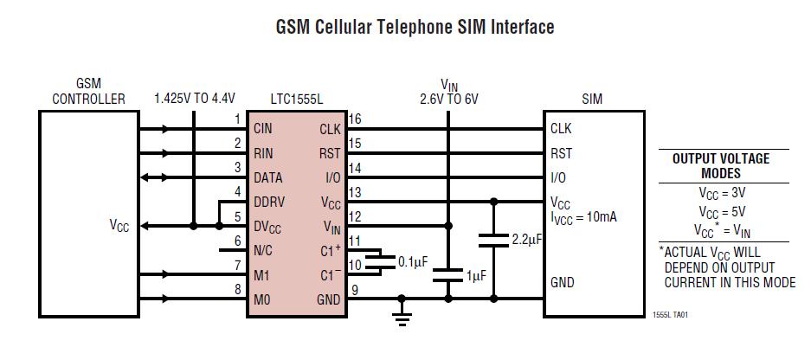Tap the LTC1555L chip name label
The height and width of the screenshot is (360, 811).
[296, 99]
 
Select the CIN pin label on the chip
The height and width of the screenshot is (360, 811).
[263, 129]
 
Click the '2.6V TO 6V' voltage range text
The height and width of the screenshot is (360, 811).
[448, 99]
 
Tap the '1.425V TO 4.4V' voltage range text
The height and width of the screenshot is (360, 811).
[195, 99]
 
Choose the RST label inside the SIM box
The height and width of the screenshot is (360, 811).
[561, 154]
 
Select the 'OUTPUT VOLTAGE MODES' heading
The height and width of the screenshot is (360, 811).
[721, 165]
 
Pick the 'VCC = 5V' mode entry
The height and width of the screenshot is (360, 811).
[721, 211]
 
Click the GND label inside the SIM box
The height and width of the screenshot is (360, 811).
[563, 283]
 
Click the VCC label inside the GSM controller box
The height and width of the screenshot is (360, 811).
[119, 226]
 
